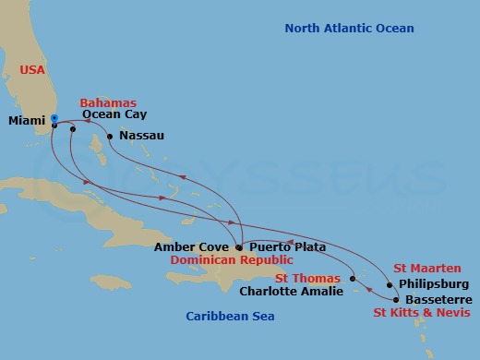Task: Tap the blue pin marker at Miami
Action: click(54, 119)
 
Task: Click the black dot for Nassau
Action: click(110, 137)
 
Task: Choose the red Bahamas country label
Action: click(108, 102)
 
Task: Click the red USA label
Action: click(33, 69)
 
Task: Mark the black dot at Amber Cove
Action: click(239, 247)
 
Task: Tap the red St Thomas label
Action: click(308, 277)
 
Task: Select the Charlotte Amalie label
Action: click(291, 292)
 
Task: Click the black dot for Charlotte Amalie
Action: click(354, 279)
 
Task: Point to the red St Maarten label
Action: click(427, 268)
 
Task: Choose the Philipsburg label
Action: click(434, 283)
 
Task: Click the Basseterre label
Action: click(438, 300)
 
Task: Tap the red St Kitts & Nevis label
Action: click(422, 314)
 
